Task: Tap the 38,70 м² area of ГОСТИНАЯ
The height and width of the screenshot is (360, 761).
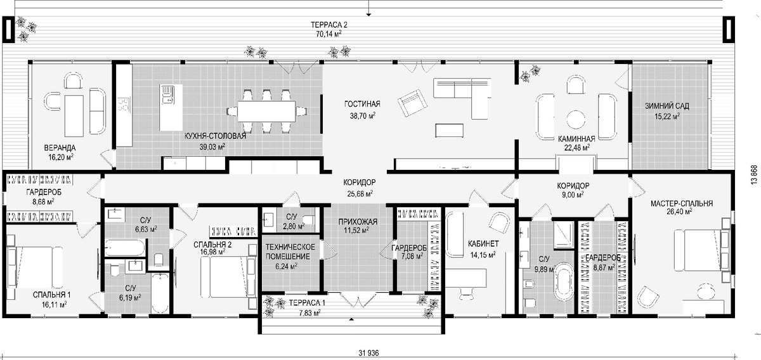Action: (363, 116)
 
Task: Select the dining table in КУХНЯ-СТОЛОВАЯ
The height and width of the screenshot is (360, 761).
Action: (266, 111)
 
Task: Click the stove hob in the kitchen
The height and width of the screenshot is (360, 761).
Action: (123, 105)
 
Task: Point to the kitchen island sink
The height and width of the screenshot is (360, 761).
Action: (167, 95)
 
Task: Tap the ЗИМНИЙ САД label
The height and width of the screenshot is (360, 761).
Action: (667, 106)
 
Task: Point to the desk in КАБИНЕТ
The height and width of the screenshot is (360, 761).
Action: (465, 278)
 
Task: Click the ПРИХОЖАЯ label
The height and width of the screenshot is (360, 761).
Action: (358, 222)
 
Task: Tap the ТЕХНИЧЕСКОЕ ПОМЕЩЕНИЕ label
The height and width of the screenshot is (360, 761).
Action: (290, 252)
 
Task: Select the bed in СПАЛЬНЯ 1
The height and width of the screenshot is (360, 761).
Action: (35, 267)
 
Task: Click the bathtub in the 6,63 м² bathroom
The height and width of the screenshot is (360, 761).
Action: (125, 248)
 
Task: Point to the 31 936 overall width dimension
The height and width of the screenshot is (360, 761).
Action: (368, 353)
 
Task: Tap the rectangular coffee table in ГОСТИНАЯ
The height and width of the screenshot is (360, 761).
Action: (449, 131)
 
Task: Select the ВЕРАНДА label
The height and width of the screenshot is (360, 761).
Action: (60, 148)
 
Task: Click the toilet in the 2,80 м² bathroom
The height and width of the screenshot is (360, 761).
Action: (309, 219)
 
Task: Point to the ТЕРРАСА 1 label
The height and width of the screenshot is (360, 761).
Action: (307, 302)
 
